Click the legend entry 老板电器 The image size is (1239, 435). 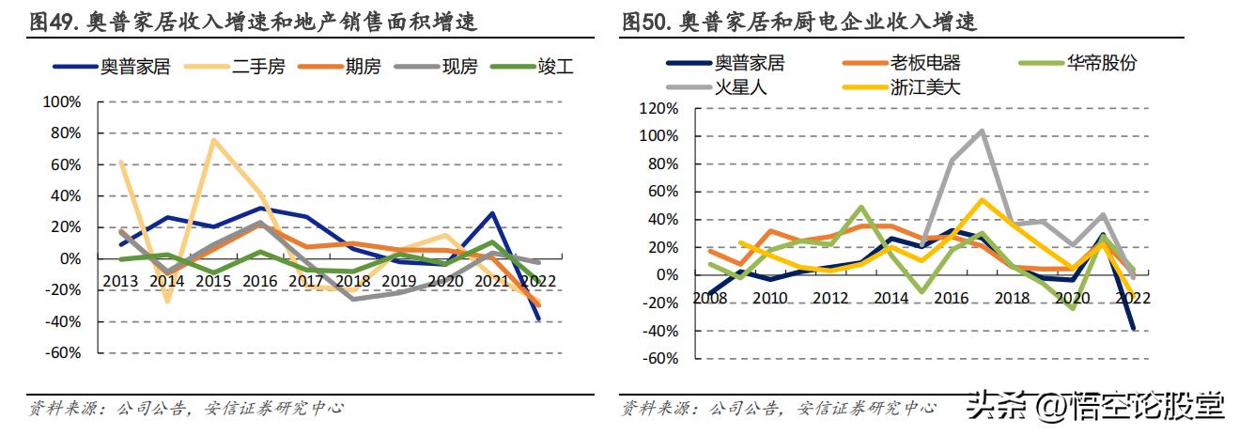925,63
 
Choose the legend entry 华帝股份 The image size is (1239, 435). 1101,63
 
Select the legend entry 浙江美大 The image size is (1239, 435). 925,87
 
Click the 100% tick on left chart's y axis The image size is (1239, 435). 63,101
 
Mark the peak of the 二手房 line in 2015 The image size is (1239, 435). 213,139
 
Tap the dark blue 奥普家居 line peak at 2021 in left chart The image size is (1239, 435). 492,212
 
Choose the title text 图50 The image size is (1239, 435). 646,21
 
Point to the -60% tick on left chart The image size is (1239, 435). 63,353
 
